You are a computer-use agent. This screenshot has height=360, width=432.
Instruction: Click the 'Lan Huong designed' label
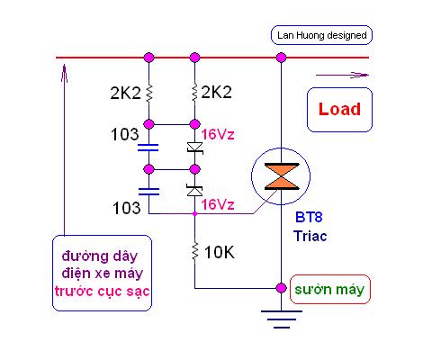coord(321,35)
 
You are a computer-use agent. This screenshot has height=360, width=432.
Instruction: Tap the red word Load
coord(339,109)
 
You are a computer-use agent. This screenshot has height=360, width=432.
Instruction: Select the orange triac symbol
coord(282,176)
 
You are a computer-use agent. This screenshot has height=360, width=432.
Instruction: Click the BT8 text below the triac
coord(309,217)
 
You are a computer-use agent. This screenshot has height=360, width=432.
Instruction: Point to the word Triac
coord(310,236)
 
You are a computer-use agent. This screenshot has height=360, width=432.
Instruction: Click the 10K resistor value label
coord(220,252)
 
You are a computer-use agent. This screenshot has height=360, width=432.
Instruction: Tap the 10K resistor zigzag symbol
coord(195,251)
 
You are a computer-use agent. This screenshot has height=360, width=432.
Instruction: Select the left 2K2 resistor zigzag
coord(149,94)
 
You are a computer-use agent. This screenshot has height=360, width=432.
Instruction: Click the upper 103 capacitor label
coord(125,134)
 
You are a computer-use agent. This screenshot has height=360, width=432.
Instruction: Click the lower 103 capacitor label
coord(126,208)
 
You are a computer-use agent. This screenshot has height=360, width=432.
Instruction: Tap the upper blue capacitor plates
coord(148,148)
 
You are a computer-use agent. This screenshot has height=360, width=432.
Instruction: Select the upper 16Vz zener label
coord(218,135)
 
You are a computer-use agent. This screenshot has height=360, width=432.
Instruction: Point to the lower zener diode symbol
coord(194,191)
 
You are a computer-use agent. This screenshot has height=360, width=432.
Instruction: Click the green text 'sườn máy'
coord(329,290)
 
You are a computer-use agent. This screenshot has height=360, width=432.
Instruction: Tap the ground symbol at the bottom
coord(282,319)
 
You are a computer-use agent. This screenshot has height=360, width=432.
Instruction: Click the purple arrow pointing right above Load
coord(342,75)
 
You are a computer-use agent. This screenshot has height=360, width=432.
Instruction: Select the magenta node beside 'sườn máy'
coord(281,288)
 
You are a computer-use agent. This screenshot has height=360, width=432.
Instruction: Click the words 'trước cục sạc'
coord(102,292)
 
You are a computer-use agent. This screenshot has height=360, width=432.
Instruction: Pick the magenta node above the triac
coord(281,58)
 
